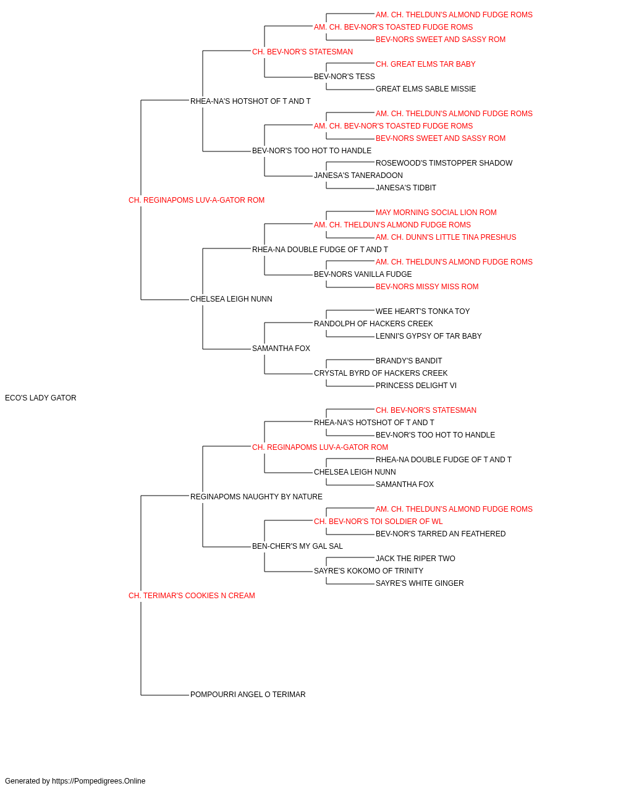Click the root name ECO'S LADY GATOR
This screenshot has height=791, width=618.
click(x=40, y=398)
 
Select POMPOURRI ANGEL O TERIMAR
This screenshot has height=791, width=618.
click(x=248, y=695)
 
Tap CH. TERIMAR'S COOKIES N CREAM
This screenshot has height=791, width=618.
click(x=192, y=596)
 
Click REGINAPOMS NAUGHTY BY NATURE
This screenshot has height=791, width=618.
click(x=256, y=496)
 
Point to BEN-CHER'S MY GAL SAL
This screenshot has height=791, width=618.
click(x=297, y=546)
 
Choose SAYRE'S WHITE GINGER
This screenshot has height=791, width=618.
click(x=420, y=583)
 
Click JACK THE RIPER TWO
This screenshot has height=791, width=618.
click(x=415, y=559)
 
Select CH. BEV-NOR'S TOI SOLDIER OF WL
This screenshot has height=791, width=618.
click(x=378, y=522)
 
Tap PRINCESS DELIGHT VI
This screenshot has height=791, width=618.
click(x=416, y=386)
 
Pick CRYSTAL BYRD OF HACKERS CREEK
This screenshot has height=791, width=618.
click(x=381, y=373)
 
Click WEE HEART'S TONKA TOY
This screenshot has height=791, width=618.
click(x=423, y=311)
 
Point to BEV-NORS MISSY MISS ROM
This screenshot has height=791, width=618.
click(x=427, y=287)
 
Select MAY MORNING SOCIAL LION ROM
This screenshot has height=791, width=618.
click(x=436, y=212)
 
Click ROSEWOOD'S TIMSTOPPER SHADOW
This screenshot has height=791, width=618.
click(x=444, y=163)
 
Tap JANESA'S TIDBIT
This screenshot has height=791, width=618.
click(x=406, y=187)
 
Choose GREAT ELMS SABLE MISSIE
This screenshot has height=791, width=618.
click(x=426, y=89)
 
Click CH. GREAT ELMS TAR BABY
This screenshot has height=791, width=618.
click(x=425, y=64)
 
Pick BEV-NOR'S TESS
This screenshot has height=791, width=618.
click(x=344, y=77)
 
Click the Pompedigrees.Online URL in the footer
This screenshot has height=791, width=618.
click(x=99, y=781)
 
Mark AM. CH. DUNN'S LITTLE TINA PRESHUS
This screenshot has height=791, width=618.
click(x=446, y=237)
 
